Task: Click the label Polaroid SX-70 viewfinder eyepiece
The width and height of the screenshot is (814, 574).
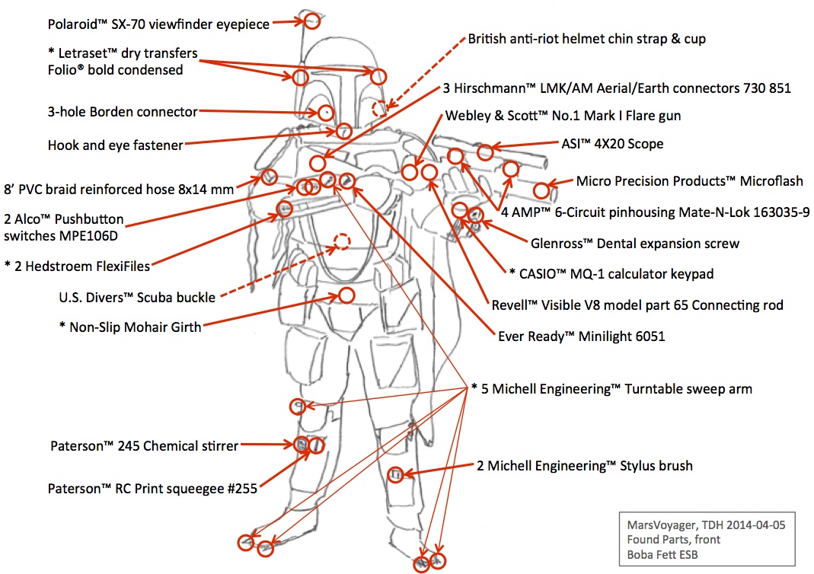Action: tap(158, 24)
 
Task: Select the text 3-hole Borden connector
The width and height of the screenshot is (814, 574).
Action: tap(122, 113)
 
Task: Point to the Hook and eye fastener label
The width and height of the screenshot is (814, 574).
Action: tap(115, 145)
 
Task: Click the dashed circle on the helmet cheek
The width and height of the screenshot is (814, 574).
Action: tap(379, 109)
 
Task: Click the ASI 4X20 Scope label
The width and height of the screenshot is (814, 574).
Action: tap(608, 144)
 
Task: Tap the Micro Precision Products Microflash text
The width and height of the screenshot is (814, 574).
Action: tap(689, 181)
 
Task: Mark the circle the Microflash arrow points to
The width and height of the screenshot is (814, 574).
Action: tap(541, 190)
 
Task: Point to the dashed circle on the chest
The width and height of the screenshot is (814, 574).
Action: tap(343, 242)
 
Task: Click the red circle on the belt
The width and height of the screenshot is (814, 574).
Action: tap(346, 295)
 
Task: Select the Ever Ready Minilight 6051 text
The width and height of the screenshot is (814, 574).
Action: tap(581, 336)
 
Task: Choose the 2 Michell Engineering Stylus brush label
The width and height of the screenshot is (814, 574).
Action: tap(584, 465)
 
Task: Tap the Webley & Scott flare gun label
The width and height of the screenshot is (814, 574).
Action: tap(563, 116)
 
